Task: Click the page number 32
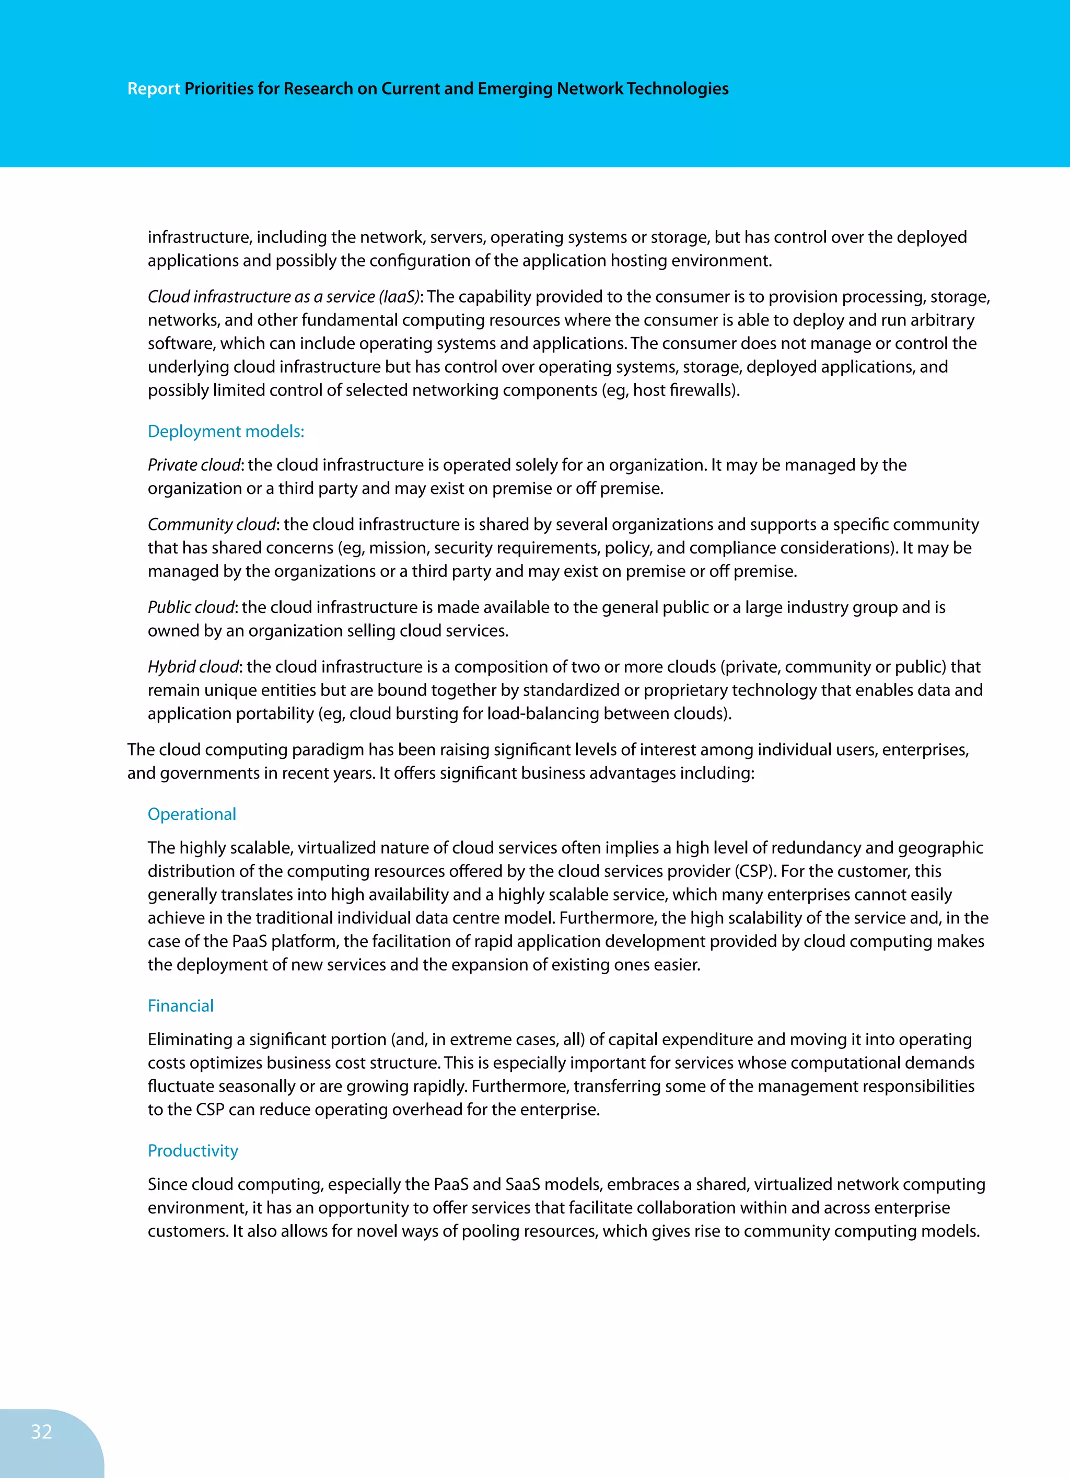pyautogui.click(x=41, y=1431)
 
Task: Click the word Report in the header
pyautogui.click(x=153, y=89)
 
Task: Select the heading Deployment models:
pyautogui.click(x=226, y=431)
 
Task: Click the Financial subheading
pyautogui.click(x=180, y=1006)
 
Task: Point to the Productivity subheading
pyautogui.click(x=193, y=1150)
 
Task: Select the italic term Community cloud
pyautogui.click(x=212, y=525)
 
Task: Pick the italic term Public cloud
pyautogui.click(x=190, y=607)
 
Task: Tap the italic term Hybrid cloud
pyautogui.click(x=193, y=667)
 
